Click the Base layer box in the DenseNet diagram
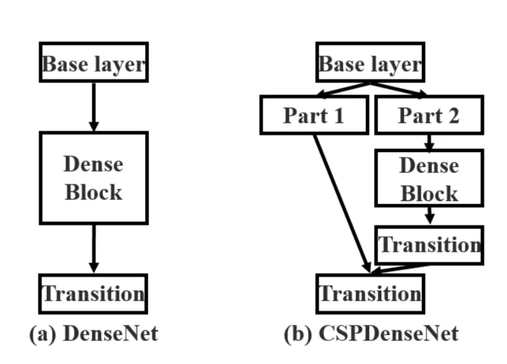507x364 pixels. click(x=94, y=63)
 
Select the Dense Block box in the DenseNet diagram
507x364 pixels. click(x=94, y=178)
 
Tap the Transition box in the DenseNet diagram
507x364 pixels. click(x=93, y=294)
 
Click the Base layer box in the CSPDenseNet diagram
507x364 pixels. click(x=370, y=63)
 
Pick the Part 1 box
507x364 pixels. click(x=314, y=115)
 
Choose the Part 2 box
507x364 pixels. click(x=429, y=115)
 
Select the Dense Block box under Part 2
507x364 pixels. click(x=429, y=178)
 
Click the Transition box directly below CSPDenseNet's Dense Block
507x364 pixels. click(x=429, y=245)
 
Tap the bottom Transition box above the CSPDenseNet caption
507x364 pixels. click(x=370, y=294)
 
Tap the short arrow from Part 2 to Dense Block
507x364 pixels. click(x=429, y=142)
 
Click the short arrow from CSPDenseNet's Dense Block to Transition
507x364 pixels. click(x=429, y=215)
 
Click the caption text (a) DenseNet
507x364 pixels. click(x=94, y=333)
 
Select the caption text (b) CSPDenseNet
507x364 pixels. click(x=371, y=333)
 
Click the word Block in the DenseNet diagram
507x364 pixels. click(x=93, y=192)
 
